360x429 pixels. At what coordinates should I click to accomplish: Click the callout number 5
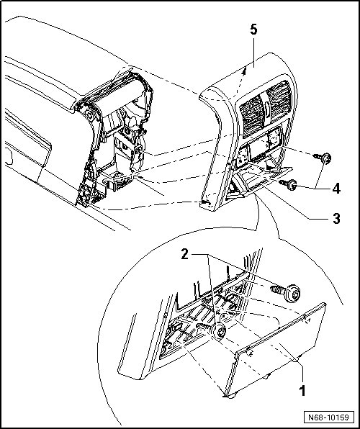(x=253, y=30)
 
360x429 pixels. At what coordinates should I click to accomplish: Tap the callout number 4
(x=336, y=189)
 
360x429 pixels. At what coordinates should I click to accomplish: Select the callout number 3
(x=336, y=218)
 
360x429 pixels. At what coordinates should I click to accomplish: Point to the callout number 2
(x=185, y=254)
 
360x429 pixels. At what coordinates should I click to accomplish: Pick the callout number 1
(x=302, y=391)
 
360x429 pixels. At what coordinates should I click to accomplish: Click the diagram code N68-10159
(x=329, y=417)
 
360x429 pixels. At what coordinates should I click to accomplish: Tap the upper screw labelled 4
(x=323, y=158)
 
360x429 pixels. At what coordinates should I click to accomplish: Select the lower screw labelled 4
(x=289, y=185)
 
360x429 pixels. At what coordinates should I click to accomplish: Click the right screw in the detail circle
(x=287, y=293)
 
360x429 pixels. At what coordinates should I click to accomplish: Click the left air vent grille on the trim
(x=251, y=117)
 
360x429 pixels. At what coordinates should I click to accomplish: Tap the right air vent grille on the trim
(x=279, y=99)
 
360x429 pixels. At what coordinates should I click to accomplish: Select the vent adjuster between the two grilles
(x=266, y=109)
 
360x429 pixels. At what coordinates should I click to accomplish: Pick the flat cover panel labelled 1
(x=276, y=351)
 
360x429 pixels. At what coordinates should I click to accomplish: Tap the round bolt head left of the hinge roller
(x=89, y=115)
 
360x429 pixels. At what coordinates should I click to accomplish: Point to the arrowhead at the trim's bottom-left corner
(x=205, y=203)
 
